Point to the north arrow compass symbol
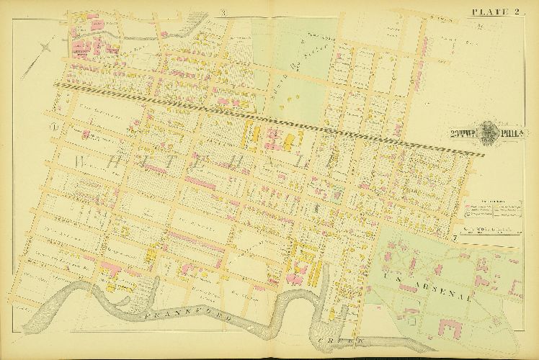pos(47,48)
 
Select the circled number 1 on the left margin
pos(53,127)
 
